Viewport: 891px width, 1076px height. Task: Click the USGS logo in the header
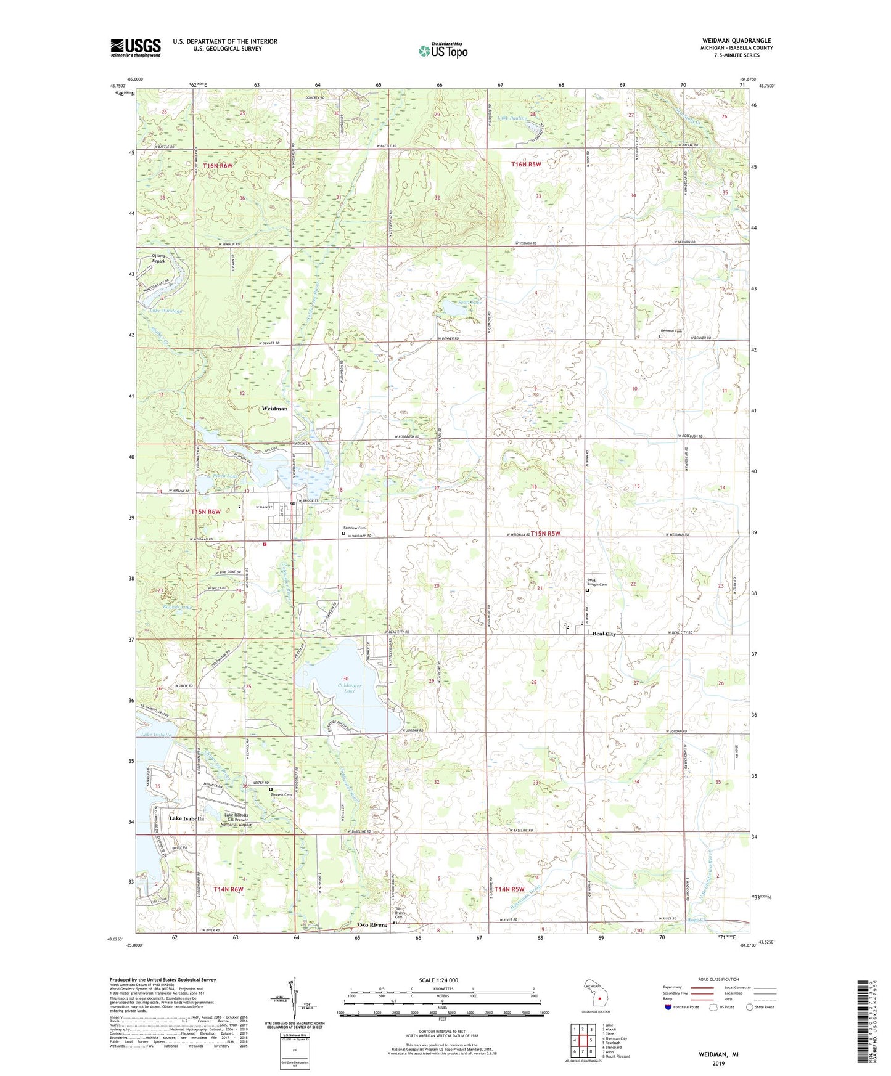tap(135, 47)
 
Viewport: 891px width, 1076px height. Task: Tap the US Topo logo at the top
tap(443, 51)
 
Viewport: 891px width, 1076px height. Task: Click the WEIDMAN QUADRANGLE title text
tap(735, 41)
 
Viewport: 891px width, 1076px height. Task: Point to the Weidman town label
tap(274, 409)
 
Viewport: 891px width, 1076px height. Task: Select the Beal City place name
tap(604, 634)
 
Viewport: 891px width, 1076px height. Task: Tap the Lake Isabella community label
tap(186, 818)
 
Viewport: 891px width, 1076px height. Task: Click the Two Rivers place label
tap(372, 925)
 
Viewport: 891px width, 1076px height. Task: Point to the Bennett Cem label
tap(281, 794)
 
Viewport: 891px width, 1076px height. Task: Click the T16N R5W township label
tap(526, 164)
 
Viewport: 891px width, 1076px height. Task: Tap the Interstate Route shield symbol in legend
tap(668, 1007)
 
